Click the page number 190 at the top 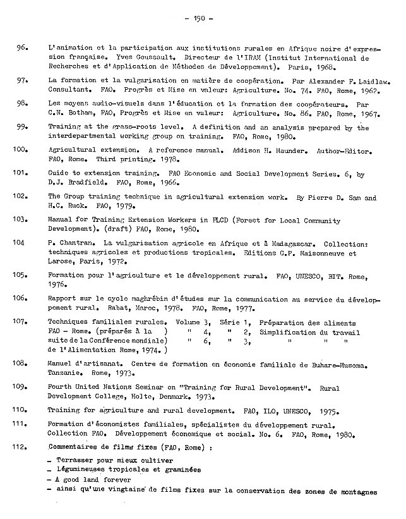[203, 18]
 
